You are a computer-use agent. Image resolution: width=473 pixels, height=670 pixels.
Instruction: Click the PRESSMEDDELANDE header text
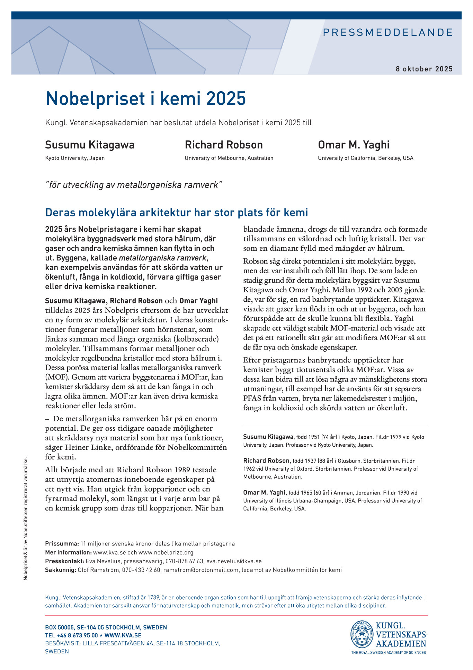tap(387, 33)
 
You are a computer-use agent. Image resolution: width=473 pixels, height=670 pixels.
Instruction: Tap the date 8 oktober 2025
tap(424, 69)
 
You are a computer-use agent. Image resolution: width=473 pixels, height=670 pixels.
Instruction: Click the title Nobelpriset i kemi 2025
tap(145, 99)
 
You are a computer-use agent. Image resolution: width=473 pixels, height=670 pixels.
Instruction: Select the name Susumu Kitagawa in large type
tap(90, 145)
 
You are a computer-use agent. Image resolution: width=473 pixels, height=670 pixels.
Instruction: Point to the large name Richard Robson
tap(224, 145)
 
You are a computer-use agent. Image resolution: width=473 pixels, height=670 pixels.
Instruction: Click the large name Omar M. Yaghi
tap(354, 145)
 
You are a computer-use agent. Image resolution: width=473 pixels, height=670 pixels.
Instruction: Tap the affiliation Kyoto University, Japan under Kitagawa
tap(75, 158)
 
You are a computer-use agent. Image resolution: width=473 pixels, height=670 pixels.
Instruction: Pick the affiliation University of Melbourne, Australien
tap(229, 158)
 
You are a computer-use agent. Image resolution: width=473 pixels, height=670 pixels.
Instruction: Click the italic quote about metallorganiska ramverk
tap(133, 185)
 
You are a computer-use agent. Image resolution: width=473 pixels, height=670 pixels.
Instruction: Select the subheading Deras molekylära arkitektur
tap(177, 212)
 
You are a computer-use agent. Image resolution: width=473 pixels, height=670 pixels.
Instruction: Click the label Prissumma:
tap(62, 543)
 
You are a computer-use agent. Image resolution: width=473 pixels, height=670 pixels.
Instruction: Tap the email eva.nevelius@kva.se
tap(234, 561)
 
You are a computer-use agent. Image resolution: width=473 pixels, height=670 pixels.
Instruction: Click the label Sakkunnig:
tap(60, 570)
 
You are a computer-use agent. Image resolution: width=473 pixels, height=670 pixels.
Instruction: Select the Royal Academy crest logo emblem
tap(362, 634)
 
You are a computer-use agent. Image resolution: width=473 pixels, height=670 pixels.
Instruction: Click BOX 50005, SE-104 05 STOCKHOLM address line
tap(106, 627)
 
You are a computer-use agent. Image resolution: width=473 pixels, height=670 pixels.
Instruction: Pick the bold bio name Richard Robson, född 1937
tap(267, 461)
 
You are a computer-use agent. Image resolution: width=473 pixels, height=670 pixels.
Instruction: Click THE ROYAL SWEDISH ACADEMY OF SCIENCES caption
tap(388, 652)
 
